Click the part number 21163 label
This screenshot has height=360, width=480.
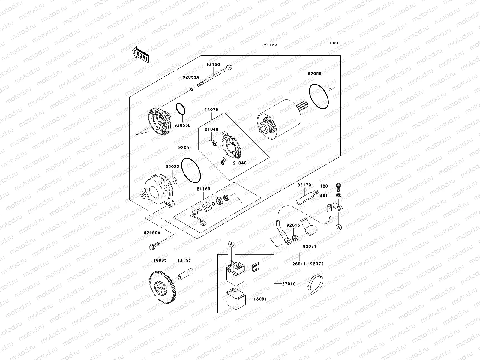pos(271,45)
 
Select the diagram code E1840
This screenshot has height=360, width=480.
pos(335,43)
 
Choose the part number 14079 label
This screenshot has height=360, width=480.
pos(211,110)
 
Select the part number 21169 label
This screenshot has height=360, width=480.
pos(203,189)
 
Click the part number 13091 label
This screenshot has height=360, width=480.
pos(260,299)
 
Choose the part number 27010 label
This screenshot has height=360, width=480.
pos(289,284)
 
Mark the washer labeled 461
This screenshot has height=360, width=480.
pos(339,196)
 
